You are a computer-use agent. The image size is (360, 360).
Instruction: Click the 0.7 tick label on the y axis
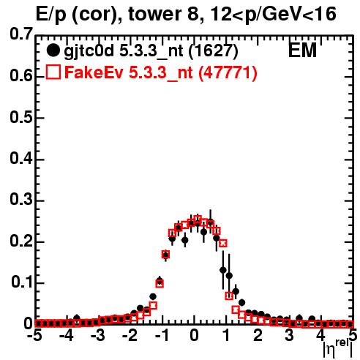coord(21,34)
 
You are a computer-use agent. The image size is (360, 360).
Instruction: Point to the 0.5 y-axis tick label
coord(21,118)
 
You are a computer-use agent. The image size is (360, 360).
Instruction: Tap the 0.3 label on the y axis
coord(21,200)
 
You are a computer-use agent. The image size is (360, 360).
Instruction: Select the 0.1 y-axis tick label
coord(22,282)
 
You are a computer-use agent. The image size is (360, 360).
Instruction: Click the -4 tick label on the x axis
coord(67,336)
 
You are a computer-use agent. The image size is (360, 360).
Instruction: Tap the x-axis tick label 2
coord(258,336)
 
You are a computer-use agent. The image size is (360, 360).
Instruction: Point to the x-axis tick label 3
coord(290,336)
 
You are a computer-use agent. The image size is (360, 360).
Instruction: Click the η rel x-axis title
coord(338,348)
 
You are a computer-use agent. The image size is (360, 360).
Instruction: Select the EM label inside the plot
coord(302,50)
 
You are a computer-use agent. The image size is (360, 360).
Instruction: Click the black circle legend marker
coord(53,50)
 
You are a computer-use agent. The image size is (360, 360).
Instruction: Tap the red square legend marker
coord(53,72)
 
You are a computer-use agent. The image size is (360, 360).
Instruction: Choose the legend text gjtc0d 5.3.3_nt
coord(124,52)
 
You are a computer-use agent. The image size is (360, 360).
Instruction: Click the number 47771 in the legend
coord(228,72)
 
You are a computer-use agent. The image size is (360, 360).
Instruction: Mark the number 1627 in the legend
coord(213,51)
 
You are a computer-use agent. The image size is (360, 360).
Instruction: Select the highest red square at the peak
coord(198,219)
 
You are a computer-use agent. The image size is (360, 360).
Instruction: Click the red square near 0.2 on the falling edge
coord(223,243)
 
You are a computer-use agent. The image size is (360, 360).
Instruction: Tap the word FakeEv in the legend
coord(94,72)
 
